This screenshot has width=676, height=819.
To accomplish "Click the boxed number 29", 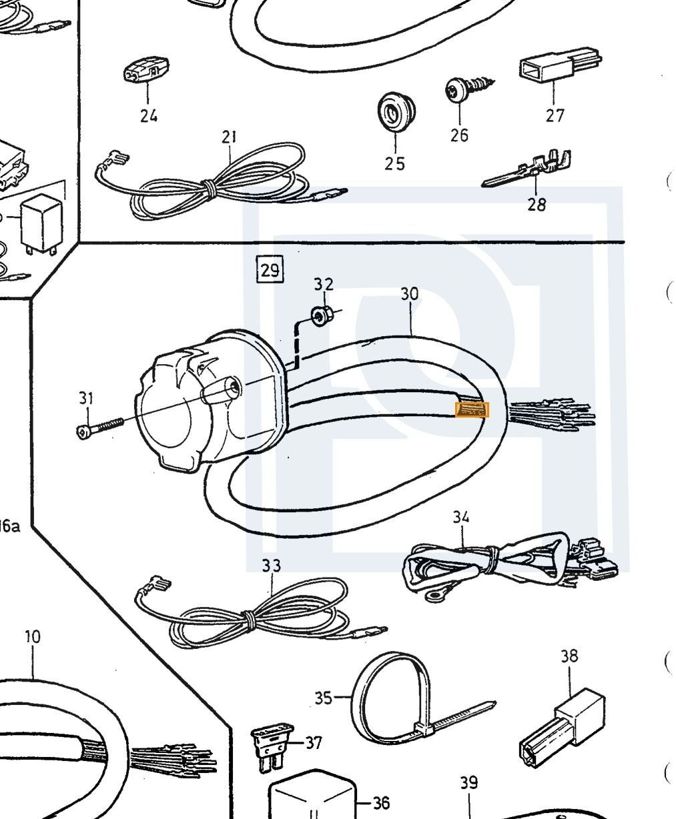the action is coord(270,269).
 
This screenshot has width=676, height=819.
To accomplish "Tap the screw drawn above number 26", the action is coord(468,88).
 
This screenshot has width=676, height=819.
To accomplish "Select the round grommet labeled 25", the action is coord(395,110).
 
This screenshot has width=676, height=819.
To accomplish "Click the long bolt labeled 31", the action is coord(99,428).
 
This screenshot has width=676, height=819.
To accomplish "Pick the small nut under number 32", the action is coord(322,315).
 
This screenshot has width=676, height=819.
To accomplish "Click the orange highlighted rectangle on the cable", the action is coord(472,410).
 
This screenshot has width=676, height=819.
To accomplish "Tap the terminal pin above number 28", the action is coord(526,169).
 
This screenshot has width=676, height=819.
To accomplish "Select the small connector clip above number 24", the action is coord(146,70).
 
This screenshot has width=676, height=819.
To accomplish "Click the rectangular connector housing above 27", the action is coord(559,65).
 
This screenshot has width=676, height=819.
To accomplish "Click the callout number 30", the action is coord(410,294).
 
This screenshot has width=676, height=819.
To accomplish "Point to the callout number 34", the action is coord(461,517).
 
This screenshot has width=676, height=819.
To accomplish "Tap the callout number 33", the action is coord(271,565).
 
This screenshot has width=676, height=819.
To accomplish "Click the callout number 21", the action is coord(230,137).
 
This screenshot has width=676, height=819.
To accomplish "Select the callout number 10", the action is coord(33,637).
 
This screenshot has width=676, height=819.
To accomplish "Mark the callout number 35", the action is coord(324,698).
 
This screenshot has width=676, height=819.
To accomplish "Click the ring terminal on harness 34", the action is coord(434,596).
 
